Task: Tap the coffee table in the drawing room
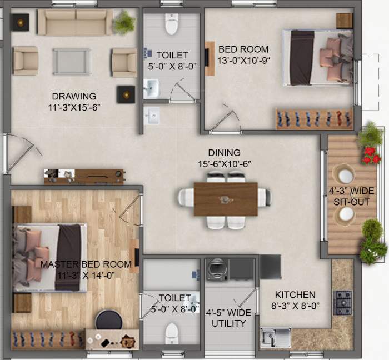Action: pyautogui.click(x=72, y=61)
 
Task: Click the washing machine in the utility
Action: pyautogui.click(x=215, y=270)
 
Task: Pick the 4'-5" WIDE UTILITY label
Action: pyautogui.click(x=230, y=318)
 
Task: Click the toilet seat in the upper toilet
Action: pyautogui.click(x=171, y=24)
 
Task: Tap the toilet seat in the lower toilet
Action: pyautogui.click(x=172, y=333)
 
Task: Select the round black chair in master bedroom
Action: pyautogui.click(x=108, y=320)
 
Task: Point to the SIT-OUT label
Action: pyautogui.click(x=351, y=196)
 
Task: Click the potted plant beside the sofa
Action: pyautogui.click(x=124, y=23)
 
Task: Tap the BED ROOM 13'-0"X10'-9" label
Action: pyautogui.click(x=243, y=54)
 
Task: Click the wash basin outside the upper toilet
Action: pyautogui.click(x=152, y=116)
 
